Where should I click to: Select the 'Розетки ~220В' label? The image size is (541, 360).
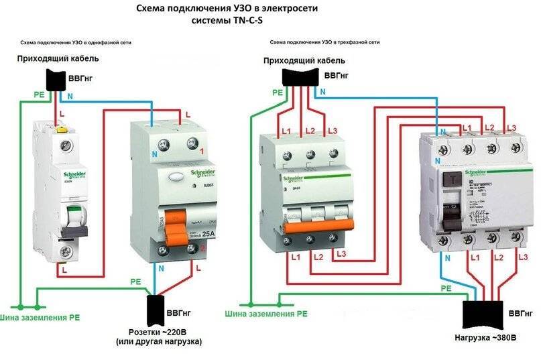click(165, 332)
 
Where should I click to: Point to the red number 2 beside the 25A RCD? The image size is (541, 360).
click(202, 248)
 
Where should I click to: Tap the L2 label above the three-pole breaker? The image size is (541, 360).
click(309, 130)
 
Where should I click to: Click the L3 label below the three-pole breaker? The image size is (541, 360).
click(341, 253)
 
